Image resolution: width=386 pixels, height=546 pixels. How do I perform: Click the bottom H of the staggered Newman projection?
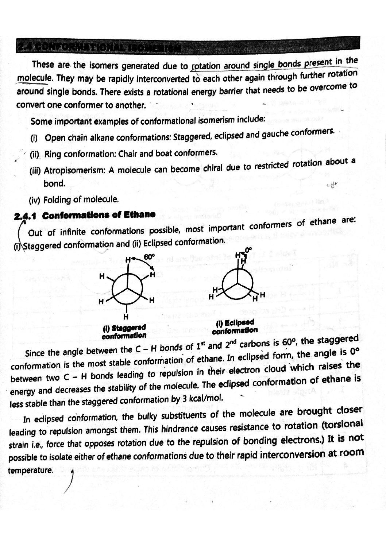point(126,316)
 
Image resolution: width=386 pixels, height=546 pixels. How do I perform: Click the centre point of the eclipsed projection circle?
point(238,283)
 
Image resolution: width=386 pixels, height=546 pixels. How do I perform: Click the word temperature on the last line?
point(31,471)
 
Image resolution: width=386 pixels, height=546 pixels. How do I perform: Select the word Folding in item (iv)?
point(57,200)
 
